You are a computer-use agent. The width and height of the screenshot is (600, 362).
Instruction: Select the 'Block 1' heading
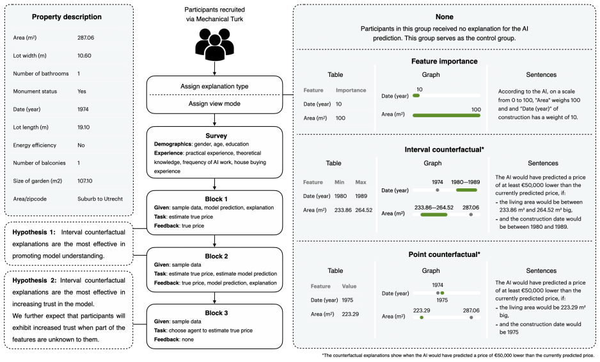(216, 199)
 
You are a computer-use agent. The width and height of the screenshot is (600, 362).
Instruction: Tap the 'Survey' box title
(216, 136)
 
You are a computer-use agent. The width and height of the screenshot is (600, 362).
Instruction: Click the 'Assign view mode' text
(214, 104)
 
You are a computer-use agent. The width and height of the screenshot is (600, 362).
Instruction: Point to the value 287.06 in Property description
(86, 38)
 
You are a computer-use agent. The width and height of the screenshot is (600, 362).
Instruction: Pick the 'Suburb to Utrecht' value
(100, 199)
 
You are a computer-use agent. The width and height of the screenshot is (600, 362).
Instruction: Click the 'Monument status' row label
(35, 91)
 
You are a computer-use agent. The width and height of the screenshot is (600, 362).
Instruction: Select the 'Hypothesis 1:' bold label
(34, 233)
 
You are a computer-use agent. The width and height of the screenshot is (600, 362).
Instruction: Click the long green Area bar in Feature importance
(446, 115)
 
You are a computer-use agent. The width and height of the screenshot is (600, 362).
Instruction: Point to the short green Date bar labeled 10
(416, 95)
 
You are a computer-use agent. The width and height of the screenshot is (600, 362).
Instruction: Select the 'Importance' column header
(351, 90)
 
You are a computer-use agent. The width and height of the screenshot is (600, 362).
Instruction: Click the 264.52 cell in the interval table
(363, 210)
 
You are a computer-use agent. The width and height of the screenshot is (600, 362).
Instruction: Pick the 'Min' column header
(340, 182)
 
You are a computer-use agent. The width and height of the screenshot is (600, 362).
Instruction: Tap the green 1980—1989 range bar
(466, 190)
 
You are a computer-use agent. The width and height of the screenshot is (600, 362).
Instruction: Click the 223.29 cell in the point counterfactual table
(350, 314)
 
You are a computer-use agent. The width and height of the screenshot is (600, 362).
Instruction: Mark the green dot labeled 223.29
(422, 318)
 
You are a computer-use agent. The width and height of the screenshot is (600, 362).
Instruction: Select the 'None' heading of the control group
(445, 17)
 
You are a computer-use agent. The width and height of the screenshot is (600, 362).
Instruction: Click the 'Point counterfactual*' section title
(445, 254)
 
